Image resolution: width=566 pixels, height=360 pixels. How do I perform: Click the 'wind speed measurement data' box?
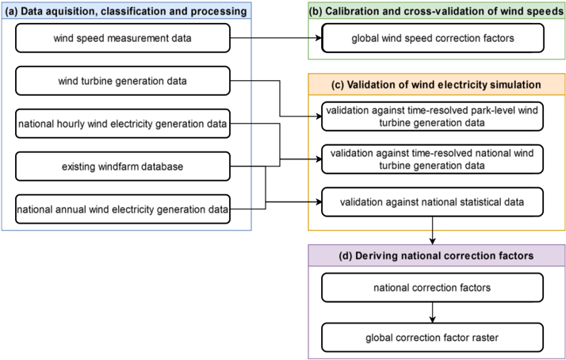[122, 37]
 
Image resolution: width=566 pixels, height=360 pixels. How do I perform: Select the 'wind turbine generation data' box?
[122, 80]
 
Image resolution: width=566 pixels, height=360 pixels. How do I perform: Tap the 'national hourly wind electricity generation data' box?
[122, 123]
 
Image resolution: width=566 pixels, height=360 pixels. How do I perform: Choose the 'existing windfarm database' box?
[122, 166]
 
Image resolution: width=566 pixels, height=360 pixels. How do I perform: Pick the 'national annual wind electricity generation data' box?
[122, 209]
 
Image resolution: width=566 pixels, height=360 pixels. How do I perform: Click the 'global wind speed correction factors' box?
[433, 37]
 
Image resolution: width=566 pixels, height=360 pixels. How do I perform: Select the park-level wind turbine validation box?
[433, 116]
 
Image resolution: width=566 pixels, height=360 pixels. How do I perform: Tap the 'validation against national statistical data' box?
[433, 201]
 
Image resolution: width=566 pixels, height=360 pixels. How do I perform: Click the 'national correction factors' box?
[433, 286]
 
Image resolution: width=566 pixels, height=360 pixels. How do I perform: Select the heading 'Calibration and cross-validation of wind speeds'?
[437, 10]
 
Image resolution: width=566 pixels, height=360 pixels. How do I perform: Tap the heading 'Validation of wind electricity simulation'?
[437, 84]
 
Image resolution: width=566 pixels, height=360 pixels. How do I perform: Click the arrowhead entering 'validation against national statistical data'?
[317, 201]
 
